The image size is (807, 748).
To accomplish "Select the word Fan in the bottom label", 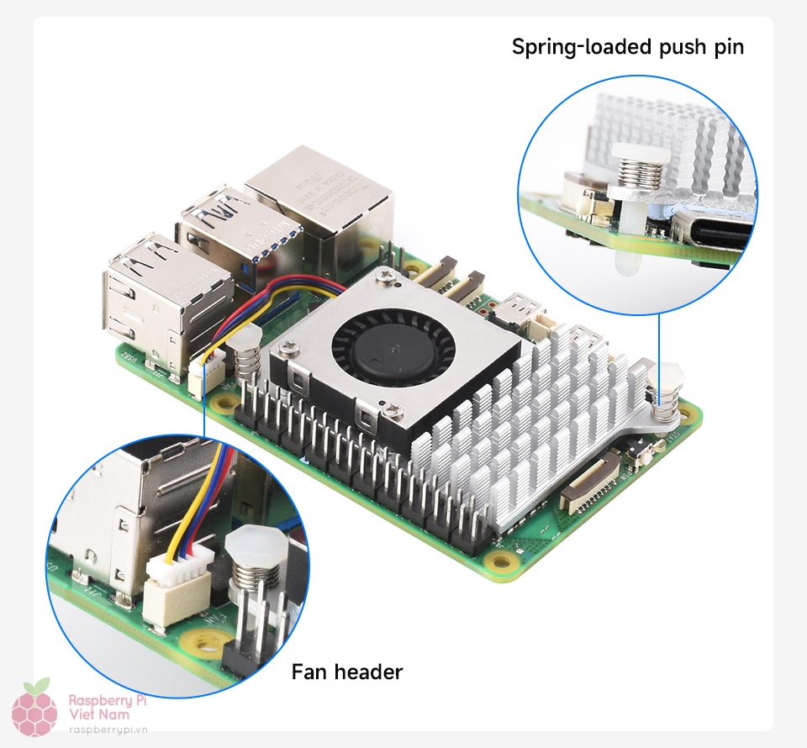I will tap(310, 672).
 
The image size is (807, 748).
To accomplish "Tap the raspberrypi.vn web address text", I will tap(108, 732).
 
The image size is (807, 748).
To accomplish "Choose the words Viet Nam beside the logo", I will tap(99, 714).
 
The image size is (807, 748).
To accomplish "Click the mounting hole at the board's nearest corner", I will tap(502, 561).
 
